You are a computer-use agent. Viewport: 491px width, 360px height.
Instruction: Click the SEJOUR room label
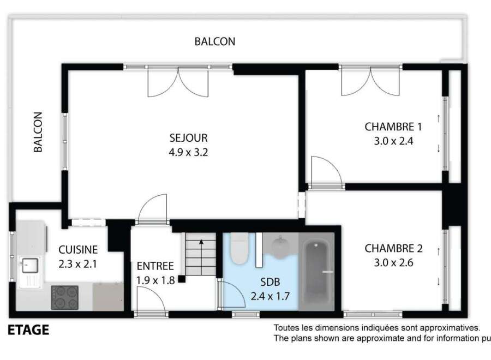coord(189,138)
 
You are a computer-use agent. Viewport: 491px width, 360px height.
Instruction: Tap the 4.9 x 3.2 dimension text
coord(189,152)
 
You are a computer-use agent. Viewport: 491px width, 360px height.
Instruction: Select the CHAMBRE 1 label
coord(393,127)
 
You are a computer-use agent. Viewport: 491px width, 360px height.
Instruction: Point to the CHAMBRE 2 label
coord(393,248)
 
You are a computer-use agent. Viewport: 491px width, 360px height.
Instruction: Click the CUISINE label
coord(78,249)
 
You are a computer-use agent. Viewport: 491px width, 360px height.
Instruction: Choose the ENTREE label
coord(155,266)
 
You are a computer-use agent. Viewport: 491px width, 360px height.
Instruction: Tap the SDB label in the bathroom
coord(270,282)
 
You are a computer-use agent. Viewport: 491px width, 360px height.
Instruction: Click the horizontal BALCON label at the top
coord(215,41)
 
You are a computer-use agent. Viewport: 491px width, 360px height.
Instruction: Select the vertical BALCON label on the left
coord(38,132)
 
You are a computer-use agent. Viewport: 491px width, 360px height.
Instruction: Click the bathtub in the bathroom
coord(316,271)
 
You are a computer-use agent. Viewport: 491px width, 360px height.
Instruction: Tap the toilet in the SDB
coord(239,249)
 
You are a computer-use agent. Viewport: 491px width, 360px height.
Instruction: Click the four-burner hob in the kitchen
coord(65,297)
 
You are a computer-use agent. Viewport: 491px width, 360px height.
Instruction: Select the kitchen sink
coord(30,266)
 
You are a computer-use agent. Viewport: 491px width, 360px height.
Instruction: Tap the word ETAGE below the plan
coord(28,330)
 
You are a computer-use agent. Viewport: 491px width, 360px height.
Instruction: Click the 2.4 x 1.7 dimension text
coord(270,296)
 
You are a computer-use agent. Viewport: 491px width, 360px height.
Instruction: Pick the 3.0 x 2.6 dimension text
coord(393,262)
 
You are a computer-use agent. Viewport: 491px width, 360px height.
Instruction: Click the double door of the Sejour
coord(178,81)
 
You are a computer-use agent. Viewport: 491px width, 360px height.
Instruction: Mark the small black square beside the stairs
coord(182,279)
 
